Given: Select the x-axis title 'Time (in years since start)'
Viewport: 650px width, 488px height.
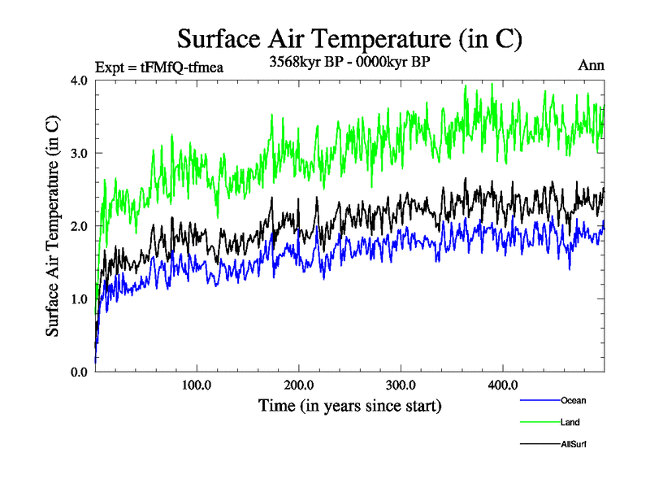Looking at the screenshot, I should click(x=350, y=405).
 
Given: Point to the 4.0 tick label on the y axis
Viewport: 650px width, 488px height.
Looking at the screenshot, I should click(x=80, y=81).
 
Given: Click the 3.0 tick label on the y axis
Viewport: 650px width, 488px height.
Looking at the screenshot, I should click(x=80, y=153).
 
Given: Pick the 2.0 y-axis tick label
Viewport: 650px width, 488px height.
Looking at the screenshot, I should click(x=80, y=226).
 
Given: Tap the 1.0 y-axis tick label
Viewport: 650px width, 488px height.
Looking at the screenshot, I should click(x=80, y=298).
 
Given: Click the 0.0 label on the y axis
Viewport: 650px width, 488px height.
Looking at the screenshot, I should click(x=80, y=372).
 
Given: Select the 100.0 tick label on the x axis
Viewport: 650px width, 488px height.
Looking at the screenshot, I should click(x=197, y=385).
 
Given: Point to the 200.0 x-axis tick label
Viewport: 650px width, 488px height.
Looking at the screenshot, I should click(x=299, y=385).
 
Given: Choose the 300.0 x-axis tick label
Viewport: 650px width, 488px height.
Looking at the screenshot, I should click(x=401, y=385).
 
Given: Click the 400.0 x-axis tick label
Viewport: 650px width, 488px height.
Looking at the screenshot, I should click(x=503, y=385).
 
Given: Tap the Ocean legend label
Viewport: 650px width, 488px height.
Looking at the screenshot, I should click(x=573, y=400).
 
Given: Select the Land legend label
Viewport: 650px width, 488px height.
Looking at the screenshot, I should click(x=570, y=422).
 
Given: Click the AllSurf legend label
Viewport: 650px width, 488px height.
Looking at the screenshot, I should click(x=574, y=444).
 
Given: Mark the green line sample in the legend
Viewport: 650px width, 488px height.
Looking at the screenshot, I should click(x=539, y=422).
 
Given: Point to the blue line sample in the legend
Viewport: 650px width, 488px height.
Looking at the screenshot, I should click(x=539, y=400).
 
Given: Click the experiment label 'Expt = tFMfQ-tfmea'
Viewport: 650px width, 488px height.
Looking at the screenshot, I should click(x=159, y=67).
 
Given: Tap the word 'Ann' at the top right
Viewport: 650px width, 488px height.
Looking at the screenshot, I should click(x=591, y=65).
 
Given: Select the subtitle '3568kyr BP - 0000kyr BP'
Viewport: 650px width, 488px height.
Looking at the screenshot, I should click(x=349, y=60).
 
